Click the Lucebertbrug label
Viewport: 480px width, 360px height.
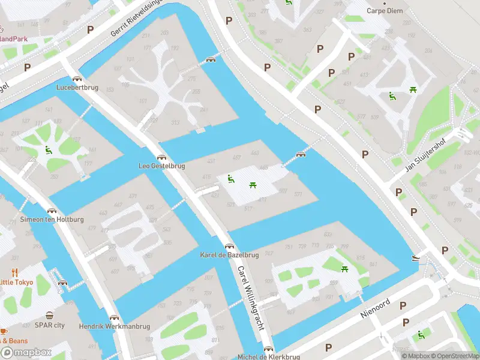point(77,87)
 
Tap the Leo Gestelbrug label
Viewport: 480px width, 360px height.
point(162,166)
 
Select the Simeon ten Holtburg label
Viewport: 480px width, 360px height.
point(52,220)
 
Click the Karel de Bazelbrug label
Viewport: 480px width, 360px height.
point(229,255)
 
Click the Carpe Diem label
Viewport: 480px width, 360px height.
point(386,11)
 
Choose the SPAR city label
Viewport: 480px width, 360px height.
point(49,325)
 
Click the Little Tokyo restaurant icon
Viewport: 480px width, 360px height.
point(15,272)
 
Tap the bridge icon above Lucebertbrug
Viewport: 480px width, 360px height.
point(77,79)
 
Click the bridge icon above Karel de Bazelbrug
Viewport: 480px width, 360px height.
point(229,246)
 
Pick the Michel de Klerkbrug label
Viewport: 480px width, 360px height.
point(268,356)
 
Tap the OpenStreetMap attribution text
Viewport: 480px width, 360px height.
point(450,356)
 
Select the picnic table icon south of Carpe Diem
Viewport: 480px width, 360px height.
point(413,90)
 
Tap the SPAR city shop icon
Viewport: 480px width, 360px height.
point(49,316)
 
